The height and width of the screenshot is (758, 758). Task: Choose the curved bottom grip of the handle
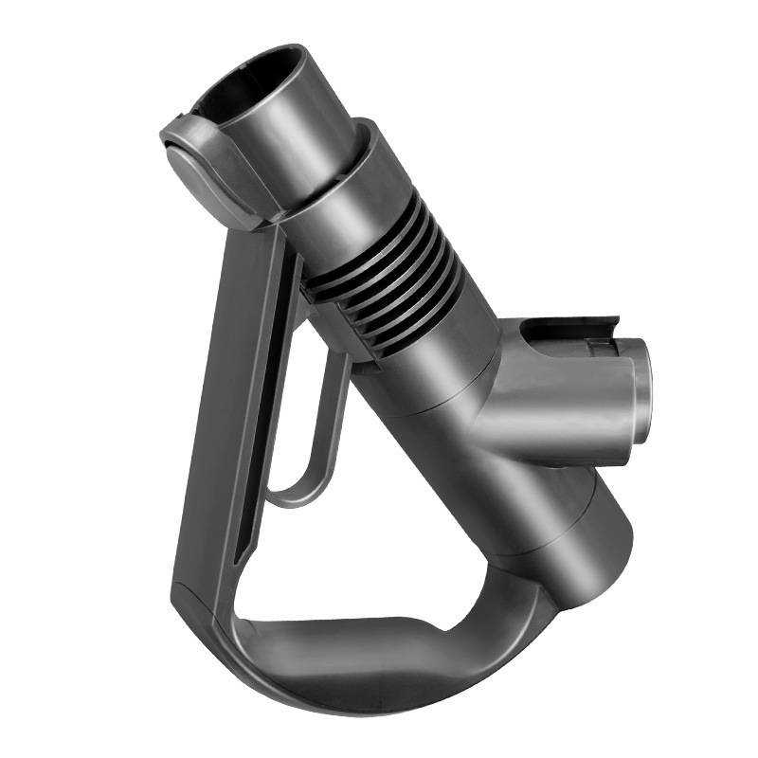(x=379, y=654)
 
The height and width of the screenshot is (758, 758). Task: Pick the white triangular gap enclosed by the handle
(x=379, y=531)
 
